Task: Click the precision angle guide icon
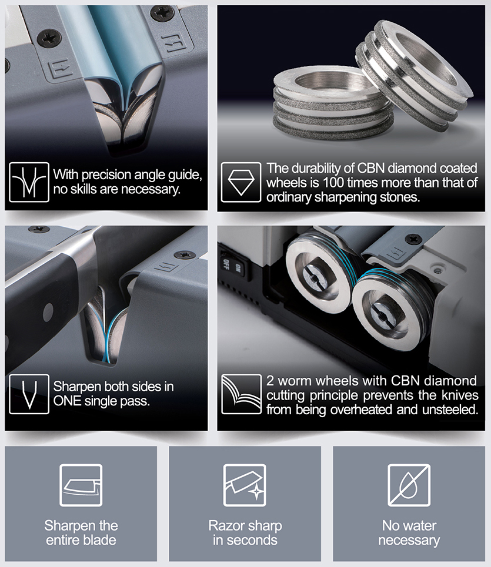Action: (x=29, y=182)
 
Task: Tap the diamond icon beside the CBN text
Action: (x=241, y=182)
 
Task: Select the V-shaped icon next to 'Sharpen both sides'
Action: (x=29, y=394)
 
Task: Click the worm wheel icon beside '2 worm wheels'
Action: (x=241, y=394)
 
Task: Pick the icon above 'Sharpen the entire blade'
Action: (x=81, y=485)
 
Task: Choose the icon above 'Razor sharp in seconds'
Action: (x=245, y=485)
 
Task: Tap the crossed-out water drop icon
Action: (x=409, y=485)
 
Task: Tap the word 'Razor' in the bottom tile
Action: (x=226, y=526)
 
